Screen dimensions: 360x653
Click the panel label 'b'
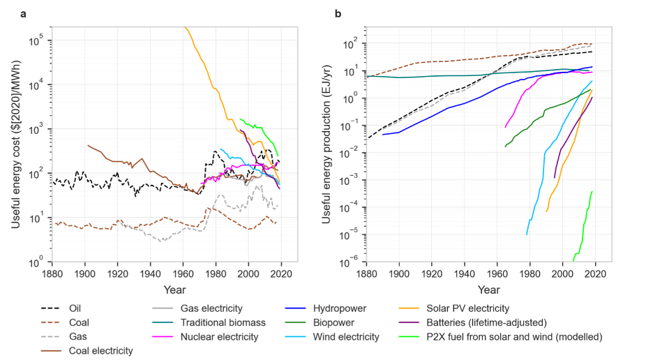(x=338, y=14)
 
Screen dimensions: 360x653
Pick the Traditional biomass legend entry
(x=223, y=322)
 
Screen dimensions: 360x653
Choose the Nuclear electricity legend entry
(x=219, y=337)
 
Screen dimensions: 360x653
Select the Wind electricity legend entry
(x=342, y=337)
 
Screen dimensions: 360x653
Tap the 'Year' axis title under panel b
(x=488, y=289)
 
